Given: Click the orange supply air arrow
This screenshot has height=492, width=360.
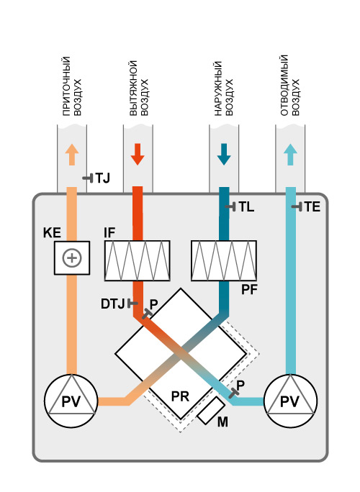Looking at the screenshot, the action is pyautogui.click(x=72, y=154).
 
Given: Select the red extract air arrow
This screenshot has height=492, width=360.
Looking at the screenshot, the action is pyautogui.click(x=138, y=154).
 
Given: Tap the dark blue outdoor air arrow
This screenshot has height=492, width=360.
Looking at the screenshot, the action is pyautogui.click(x=224, y=154).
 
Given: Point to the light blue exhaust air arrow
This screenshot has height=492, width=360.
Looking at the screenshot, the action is pyautogui.click(x=290, y=154).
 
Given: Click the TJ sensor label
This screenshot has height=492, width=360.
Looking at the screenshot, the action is pyautogui.click(x=102, y=178).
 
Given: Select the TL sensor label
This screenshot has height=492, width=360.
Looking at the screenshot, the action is pyautogui.click(x=246, y=206).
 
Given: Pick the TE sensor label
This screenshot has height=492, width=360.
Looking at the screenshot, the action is pyautogui.click(x=312, y=206).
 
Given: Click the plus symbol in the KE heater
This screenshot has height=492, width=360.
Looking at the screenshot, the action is pyautogui.click(x=72, y=258).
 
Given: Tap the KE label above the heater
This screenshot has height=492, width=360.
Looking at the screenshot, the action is pyautogui.click(x=52, y=233).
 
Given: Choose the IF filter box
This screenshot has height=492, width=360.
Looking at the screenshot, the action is pyautogui.click(x=138, y=260).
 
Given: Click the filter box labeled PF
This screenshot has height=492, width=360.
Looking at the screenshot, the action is pyautogui.click(x=224, y=260).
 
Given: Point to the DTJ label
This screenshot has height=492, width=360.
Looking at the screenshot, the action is pyautogui.click(x=112, y=304).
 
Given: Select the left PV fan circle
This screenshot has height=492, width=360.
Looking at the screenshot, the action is pyautogui.click(x=71, y=401).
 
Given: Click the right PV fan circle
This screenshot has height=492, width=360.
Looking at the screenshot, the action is pyautogui.click(x=290, y=401).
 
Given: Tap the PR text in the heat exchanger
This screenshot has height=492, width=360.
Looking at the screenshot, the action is pyautogui.click(x=180, y=396).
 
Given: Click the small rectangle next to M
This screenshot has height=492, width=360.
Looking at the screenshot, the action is pyautogui.click(x=211, y=411).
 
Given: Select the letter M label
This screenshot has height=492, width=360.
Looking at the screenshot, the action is pyautogui.click(x=222, y=422).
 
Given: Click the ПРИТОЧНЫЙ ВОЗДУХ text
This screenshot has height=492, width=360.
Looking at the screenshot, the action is pyautogui.click(x=72, y=86).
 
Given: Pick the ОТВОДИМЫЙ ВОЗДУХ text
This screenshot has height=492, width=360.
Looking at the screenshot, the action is pyautogui.click(x=290, y=86).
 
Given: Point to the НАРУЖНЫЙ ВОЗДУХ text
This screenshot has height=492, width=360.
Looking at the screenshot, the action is pyautogui.click(x=224, y=88).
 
